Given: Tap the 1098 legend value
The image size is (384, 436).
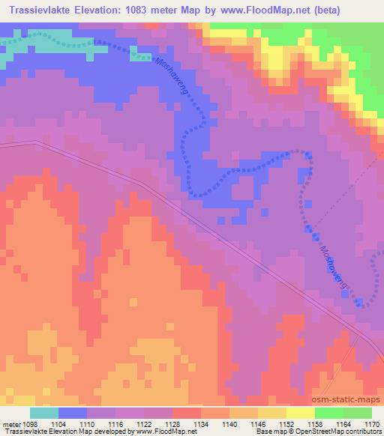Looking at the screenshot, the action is [x=31, y=423].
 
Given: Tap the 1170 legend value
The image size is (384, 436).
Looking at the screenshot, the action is [x=370, y=423].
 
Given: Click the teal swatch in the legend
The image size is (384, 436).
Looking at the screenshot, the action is [x=44, y=413].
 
